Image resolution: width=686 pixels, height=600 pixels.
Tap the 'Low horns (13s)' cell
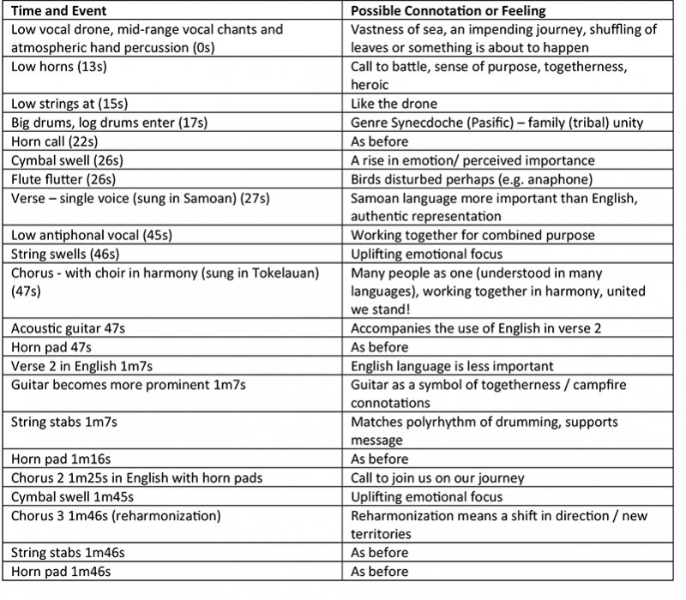coord(52,66)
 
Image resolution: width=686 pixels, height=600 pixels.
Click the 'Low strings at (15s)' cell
coord(64,104)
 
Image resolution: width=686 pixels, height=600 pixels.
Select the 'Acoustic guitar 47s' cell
coord(69,328)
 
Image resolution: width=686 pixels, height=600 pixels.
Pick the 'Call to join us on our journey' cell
coord(437,477)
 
